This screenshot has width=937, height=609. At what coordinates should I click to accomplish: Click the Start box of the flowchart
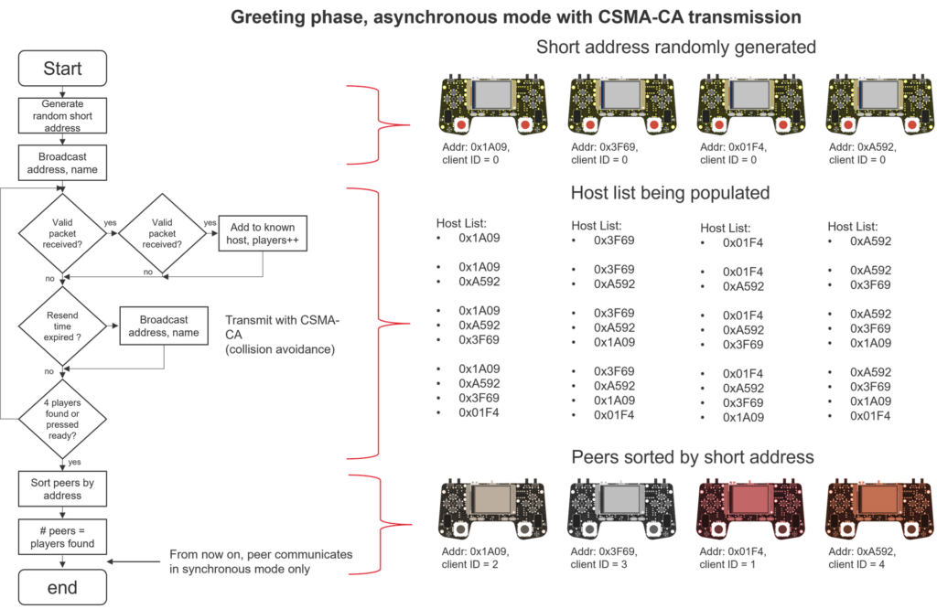click(62, 69)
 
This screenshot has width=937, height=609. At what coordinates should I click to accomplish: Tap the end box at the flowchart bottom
click(62, 588)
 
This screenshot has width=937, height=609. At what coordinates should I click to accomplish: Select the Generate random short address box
click(62, 116)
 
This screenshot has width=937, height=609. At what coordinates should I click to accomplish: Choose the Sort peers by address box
click(62, 488)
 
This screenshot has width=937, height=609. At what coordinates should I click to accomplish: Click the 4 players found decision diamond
click(62, 417)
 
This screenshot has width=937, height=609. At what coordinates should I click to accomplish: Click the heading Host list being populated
click(669, 193)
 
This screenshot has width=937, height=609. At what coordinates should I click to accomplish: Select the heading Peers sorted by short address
click(693, 456)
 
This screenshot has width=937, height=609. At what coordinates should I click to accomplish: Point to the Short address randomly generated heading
click(676, 47)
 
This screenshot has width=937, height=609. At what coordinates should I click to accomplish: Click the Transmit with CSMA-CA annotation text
click(282, 335)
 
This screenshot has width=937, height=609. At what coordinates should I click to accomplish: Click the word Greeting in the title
click(266, 16)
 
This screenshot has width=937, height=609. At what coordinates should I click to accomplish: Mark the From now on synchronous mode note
click(261, 561)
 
